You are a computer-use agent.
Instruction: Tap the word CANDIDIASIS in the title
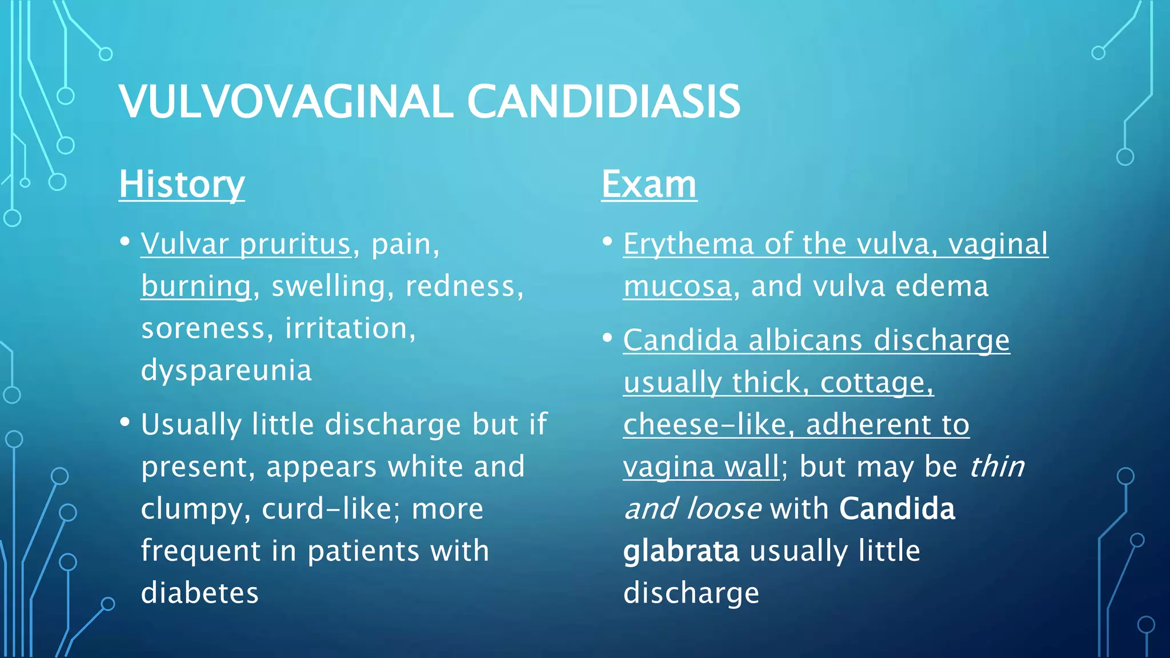(x=603, y=102)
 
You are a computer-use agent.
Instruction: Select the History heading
(x=182, y=184)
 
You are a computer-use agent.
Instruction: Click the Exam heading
(x=649, y=184)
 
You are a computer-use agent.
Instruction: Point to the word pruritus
(x=295, y=244)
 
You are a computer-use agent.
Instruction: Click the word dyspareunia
(x=226, y=370)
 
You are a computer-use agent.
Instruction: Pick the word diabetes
(x=200, y=593)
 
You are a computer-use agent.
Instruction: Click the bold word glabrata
(x=681, y=551)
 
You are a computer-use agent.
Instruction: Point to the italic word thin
(x=997, y=467)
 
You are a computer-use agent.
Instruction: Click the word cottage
(x=876, y=383)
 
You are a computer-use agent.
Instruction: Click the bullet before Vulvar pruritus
(x=125, y=242)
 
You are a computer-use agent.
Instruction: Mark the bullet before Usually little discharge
(x=125, y=423)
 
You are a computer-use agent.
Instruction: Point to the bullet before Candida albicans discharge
(x=607, y=338)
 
